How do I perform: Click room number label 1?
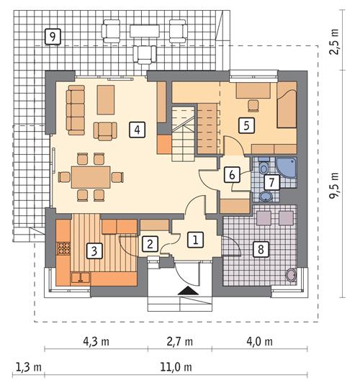coord(194,239)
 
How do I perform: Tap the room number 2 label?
coord(149,243)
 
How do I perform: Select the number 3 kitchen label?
coord(93,251)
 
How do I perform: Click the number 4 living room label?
coord(136,130)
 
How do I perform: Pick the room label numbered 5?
coord(246,125)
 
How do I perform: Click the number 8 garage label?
coord(261,250)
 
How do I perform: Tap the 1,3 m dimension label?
coord(28,367)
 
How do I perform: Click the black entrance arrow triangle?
coord(186,291)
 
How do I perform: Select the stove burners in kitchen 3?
coord(63,251)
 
